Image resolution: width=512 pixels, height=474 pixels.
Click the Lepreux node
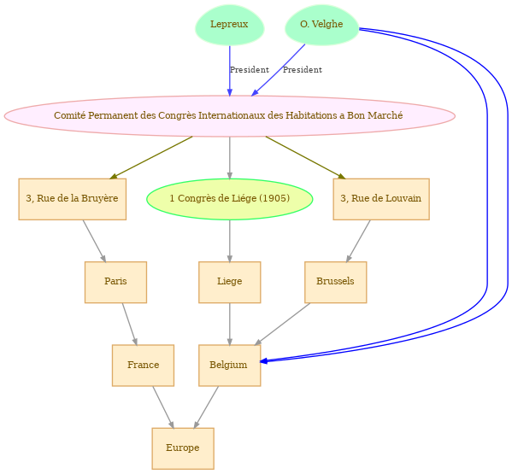pos(230,25)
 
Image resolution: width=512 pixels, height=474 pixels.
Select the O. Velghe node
pos(321,25)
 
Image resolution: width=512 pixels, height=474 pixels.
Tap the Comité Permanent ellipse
pos(230,116)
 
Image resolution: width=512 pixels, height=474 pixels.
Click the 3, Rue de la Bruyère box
pos(72,199)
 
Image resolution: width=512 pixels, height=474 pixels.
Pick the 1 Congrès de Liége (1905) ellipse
pos(230,199)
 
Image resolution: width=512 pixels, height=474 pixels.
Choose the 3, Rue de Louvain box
pos(381,199)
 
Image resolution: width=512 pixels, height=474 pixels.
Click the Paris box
pos(115,282)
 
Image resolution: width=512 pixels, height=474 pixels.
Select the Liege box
pos(230,282)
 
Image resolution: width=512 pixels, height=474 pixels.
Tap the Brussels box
pos(335,282)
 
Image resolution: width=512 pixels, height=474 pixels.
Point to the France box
pos(143,366)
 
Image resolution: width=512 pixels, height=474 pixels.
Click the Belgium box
pos(230,366)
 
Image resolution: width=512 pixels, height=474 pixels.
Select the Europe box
pos(183,448)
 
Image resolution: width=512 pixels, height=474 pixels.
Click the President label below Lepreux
pos(250,70)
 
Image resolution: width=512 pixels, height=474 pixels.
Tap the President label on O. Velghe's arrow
pos(303,70)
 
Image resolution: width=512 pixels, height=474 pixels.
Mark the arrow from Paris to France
pos(129,324)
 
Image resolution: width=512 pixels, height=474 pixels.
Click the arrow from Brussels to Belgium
pos(282,324)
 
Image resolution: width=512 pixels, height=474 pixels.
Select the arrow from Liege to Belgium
pos(230,324)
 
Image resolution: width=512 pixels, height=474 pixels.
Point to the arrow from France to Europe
pos(163,407)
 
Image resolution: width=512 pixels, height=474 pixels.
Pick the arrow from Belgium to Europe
pos(206,407)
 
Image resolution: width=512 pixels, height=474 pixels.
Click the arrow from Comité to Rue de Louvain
pos(306,157)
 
